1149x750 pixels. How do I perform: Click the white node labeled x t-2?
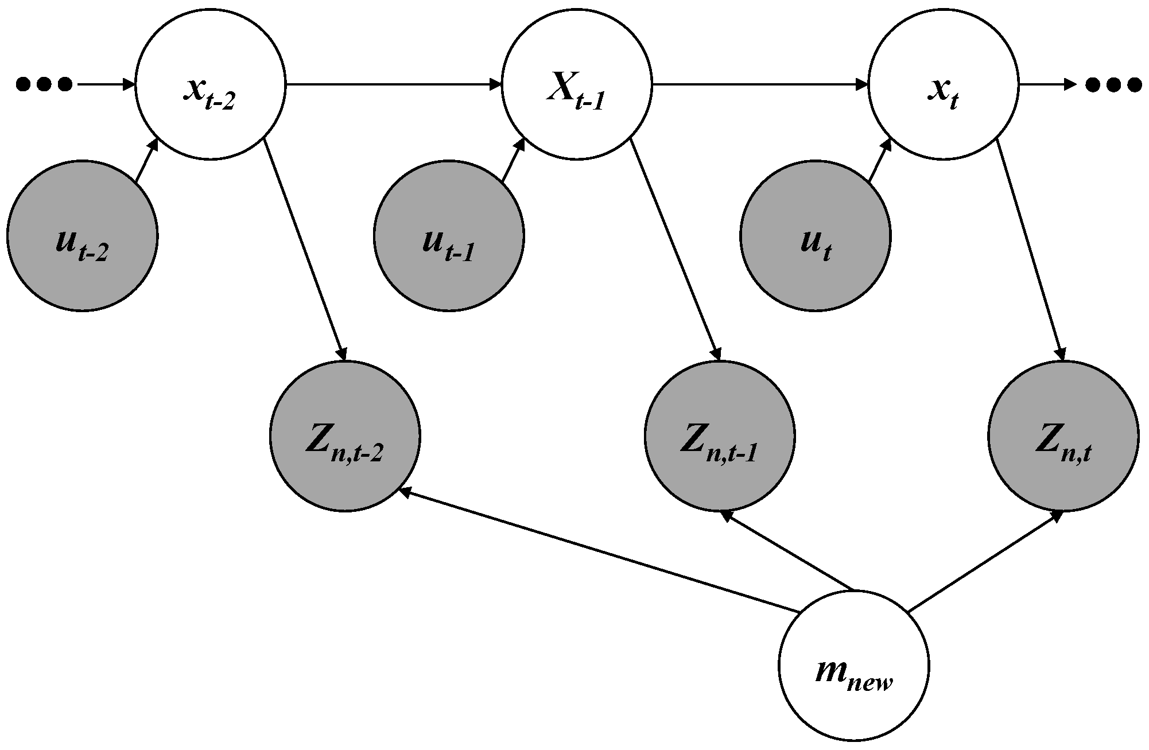[x=210, y=85]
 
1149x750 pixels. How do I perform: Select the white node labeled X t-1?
[x=577, y=85]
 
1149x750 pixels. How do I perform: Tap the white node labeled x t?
[x=944, y=85]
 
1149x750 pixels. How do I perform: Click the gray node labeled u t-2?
[x=82, y=235]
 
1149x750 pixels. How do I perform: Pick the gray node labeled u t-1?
[x=449, y=235]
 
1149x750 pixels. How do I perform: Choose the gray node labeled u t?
[x=816, y=235]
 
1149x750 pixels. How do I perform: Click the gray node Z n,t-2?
[x=345, y=436]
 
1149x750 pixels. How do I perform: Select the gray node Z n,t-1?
[x=720, y=436]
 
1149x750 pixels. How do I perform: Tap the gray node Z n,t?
[x=1063, y=436]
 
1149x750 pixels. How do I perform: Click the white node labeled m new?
[x=854, y=666]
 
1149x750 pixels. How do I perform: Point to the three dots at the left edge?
[x=44, y=85]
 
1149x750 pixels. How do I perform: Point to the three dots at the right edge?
[x=1113, y=85]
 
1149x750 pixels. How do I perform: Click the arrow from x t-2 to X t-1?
[x=393, y=85]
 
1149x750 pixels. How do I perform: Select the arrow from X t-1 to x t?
[x=760, y=85]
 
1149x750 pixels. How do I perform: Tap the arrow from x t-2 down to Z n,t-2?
[x=304, y=249]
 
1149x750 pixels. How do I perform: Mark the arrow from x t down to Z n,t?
[x=1031, y=249]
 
